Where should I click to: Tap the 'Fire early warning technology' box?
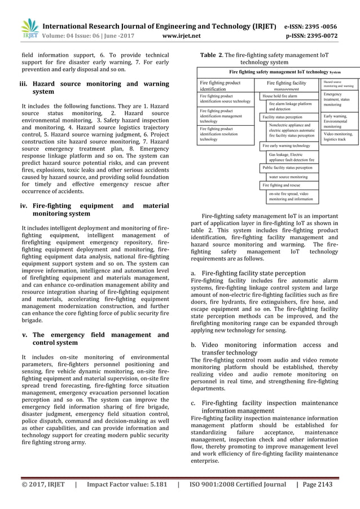tap(286, 146)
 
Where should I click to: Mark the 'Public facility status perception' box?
tap(287, 168)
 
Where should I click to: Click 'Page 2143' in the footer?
tap(315, 484)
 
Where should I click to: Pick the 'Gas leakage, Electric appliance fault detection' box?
tap(291, 157)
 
